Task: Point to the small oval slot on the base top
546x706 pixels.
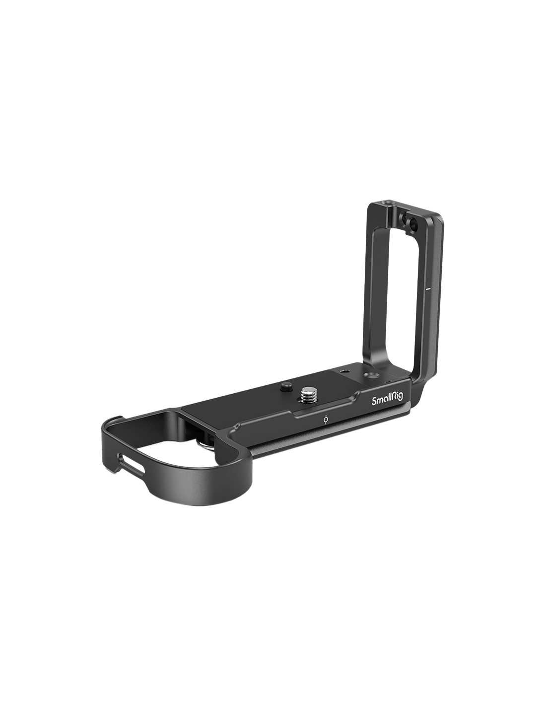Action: point(344,370)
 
